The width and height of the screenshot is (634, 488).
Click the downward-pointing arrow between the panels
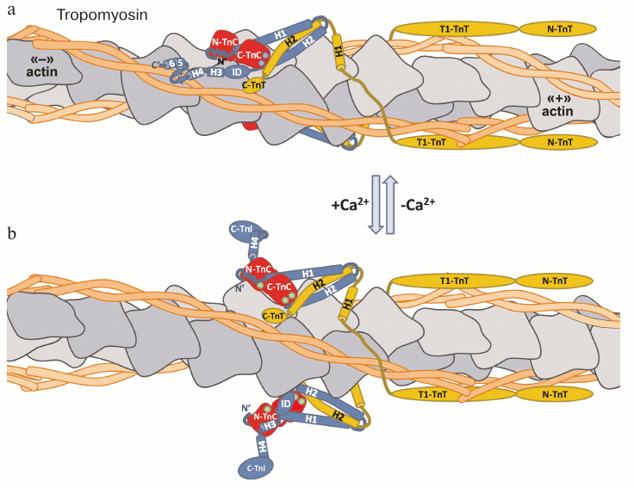click(x=375, y=204)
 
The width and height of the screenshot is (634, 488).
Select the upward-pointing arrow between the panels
click(x=389, y=204)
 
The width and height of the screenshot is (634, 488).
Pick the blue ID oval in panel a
click(x=237, y=71)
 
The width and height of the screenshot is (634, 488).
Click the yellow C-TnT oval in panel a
click(x=255, y=84)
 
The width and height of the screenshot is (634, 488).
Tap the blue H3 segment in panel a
click(x=216, y=72)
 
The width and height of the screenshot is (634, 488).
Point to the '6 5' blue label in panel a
click(x=176, y=64)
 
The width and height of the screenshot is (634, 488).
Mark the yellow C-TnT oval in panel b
click(x=275, y=316)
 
